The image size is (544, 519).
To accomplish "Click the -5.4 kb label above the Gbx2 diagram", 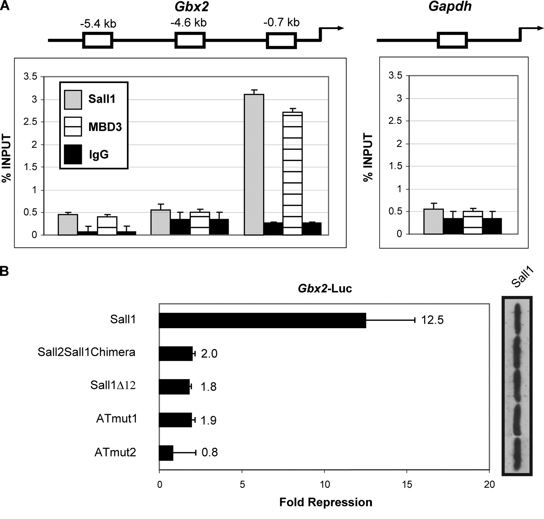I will tap(98, 24).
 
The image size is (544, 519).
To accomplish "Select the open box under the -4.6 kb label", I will tap(190, 41).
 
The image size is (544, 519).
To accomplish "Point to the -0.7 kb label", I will tap(281, 22).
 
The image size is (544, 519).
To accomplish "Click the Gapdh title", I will tap(450, 6).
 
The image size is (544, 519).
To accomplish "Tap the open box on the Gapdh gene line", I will tap(452, 41).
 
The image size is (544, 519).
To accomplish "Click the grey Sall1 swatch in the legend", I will tap(73, 99).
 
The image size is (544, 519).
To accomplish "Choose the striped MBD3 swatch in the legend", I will tap(73, 127).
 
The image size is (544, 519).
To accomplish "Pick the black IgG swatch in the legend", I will tap(73, 154).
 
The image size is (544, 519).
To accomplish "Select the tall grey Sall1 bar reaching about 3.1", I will tap(254, 165).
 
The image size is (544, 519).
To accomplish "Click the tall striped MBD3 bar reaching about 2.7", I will tap(293, 174).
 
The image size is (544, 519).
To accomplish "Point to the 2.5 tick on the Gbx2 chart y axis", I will tap(30, 122).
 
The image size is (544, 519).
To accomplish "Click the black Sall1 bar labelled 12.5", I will tap(262, 320).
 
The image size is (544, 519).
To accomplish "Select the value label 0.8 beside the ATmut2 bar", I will tap(210, 453).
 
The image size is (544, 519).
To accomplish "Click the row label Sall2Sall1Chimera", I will tap(86, 352).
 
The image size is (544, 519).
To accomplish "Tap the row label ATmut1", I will tap(117, 419).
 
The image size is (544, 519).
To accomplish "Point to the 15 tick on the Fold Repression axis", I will tap(407, 485).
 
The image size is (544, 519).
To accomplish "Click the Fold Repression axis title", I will tap(326, 502).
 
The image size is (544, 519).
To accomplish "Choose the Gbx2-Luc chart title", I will tap(325, 288).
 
